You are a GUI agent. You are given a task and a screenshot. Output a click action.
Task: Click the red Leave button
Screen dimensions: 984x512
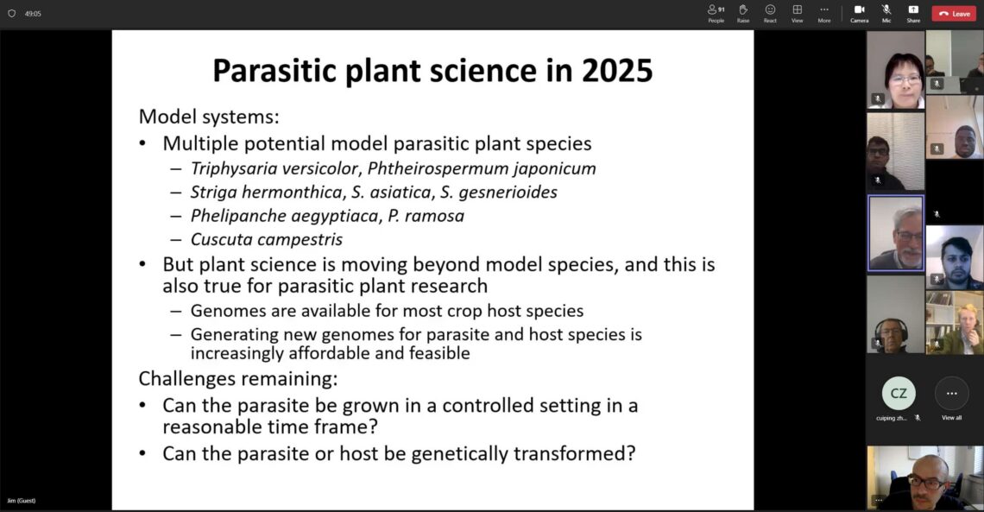coord(954,13)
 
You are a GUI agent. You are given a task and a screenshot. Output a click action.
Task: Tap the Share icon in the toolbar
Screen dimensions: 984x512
coord(913,9)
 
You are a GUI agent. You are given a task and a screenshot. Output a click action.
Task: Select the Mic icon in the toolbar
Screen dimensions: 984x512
coord(886,9)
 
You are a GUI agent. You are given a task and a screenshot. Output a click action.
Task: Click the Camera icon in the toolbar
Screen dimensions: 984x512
coord(859,9)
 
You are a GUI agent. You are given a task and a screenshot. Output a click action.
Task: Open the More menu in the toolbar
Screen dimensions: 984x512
coord(824,9)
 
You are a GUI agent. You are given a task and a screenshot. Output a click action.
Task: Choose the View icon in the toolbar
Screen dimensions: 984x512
coord(797,9)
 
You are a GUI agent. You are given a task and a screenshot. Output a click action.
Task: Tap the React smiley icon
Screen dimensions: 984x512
coord(770,9)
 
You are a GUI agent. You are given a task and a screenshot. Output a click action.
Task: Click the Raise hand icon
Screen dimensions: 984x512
coord(743,9)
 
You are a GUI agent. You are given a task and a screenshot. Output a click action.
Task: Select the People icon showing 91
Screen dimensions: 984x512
coord(716,9)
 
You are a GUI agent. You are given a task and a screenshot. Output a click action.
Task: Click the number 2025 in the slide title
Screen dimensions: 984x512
coord(617,70)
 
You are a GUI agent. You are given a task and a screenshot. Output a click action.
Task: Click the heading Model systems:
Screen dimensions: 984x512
coord(209,117)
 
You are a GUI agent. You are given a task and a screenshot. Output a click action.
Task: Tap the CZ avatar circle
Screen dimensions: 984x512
coord(898,394)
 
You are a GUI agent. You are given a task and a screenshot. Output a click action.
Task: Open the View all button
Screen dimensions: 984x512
coord(951,394)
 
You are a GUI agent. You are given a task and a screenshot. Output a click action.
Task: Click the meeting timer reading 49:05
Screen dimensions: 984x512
coord(33,13)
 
